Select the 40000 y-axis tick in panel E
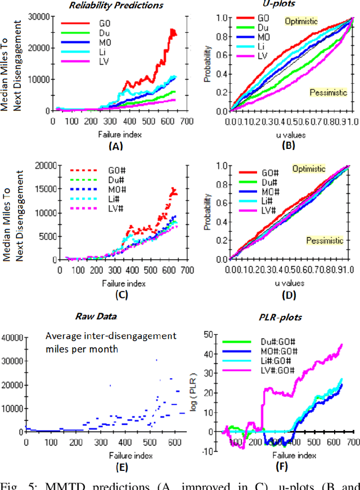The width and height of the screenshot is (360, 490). [12, 337]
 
